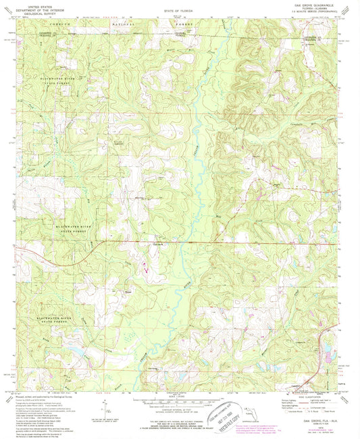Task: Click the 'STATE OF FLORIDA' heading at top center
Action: [179, 12]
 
